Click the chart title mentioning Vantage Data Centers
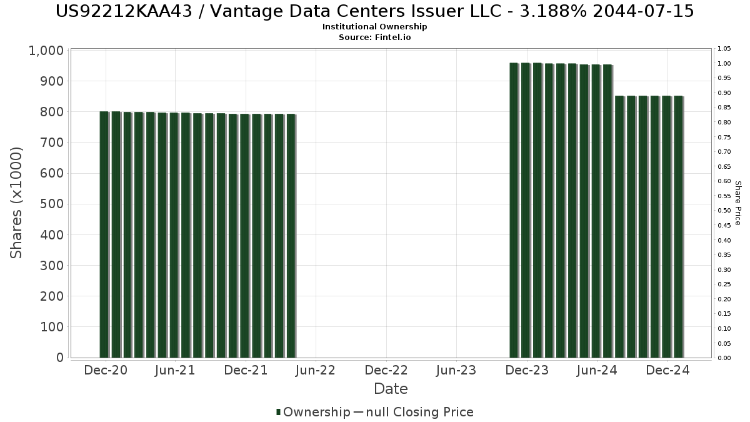374,11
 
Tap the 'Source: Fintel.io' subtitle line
374,37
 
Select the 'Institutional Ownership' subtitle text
374,27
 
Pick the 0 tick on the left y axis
60,358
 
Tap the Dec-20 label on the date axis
106,370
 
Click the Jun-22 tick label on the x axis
316,370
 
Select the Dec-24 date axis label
667,370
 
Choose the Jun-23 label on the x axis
456,370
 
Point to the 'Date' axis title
391,389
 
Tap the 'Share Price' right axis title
737,203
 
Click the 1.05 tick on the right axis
724,49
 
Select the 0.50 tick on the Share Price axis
724,211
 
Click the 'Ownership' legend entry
316,412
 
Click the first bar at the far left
104,234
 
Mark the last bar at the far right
678,226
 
